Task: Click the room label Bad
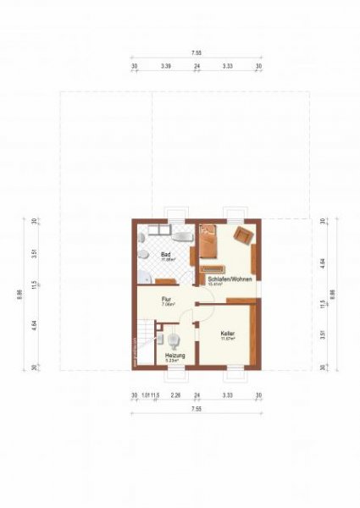coord(166,254)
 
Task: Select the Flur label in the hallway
coord(168,300)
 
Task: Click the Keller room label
coord(226,334)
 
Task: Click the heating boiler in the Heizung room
coord(174,340)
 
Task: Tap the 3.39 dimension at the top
coord(165,65)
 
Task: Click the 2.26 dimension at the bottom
coord(174,395)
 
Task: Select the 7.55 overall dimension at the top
coord(196,53)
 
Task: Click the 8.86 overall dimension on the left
coord(19,295)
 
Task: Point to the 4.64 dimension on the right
coord(323,262)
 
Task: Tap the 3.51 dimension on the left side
coord(33,252)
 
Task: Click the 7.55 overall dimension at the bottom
coord(196,409)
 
